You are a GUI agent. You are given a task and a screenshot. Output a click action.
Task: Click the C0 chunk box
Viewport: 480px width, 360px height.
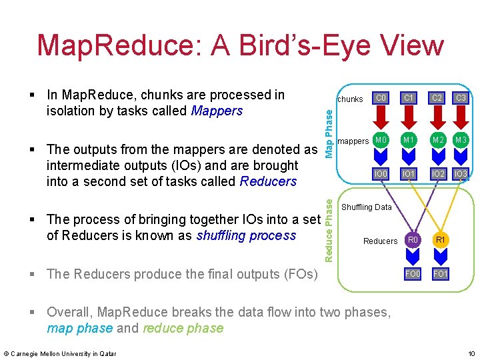[381, 99]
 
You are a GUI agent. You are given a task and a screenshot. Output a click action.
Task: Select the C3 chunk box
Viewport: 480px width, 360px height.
[460, 99]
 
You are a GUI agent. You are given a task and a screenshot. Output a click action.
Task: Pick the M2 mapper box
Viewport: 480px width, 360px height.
[437, 140]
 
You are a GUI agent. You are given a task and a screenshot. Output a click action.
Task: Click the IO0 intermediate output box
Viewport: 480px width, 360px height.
[381, 173]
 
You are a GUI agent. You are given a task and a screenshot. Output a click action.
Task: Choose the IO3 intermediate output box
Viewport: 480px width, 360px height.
[460, 173]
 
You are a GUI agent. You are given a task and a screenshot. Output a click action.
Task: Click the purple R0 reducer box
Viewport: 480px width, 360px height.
[413, 240]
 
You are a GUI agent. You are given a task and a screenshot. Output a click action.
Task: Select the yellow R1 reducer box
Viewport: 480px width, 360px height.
[440, 240]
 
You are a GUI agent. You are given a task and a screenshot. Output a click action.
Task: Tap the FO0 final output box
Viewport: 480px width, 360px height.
[413, 273]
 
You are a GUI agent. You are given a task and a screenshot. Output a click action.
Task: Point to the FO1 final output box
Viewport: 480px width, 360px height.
[440, 273]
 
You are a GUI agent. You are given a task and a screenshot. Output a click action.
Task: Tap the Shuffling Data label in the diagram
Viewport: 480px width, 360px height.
[367, 207]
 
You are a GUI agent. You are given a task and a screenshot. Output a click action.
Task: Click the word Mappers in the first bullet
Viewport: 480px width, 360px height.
[217, 111]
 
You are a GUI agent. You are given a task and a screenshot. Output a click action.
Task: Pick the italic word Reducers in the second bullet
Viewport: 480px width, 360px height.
[268, 181]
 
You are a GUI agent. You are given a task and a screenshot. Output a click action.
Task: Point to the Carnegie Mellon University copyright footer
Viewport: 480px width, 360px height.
[60, 353]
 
